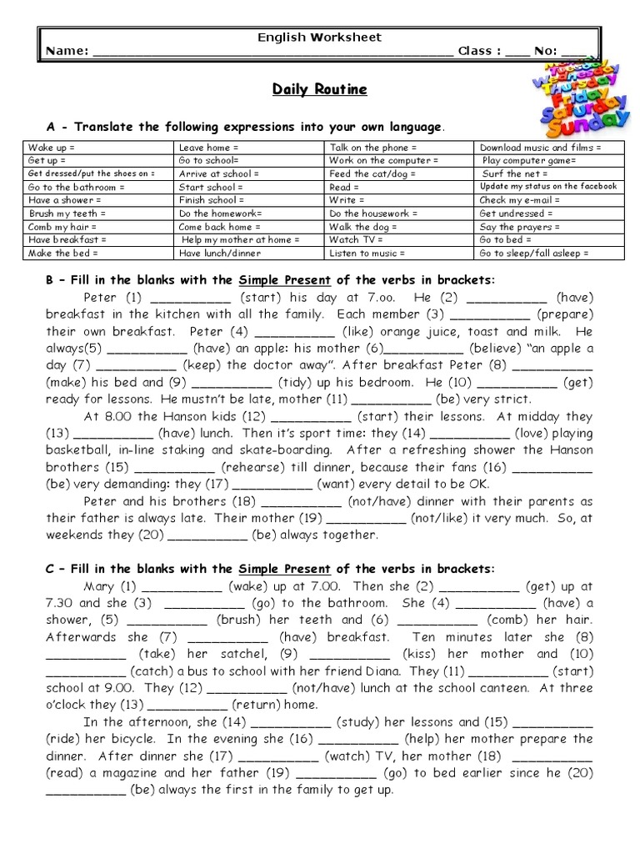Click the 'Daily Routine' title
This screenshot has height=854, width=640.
click(319, 89)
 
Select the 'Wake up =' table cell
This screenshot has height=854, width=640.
click(98, 147)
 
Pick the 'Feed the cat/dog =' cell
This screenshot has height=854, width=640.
click(398, 173)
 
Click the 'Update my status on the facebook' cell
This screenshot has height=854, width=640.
click(548, 187)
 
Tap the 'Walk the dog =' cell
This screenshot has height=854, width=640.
click(398, 227)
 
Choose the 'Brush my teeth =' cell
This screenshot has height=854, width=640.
click(98, 213)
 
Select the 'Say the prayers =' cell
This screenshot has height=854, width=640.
click(548, 227)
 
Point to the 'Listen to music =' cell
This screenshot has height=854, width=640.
click(398, 253)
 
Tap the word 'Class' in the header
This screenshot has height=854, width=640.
click(475, 51)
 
